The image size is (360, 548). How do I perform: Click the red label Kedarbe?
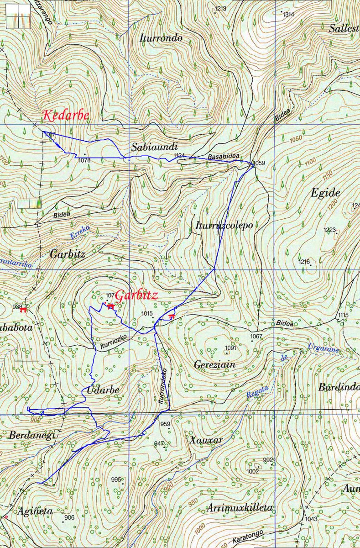[65, 115]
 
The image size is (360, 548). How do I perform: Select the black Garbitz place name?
[68, 254]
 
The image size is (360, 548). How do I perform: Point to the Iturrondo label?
[161, 38]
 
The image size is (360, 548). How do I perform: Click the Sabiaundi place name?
[151, 147]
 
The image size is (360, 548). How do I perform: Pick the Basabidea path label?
[224, 157]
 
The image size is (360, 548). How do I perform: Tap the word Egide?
[325, 193]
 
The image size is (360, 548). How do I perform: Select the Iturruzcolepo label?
[224, 225]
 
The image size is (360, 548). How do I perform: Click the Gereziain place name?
[214, 365]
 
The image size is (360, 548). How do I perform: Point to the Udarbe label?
[103, 390]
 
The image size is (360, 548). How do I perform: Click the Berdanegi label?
[32, 435]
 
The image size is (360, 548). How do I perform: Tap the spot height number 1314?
[288, 15]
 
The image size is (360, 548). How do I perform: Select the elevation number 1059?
[259, 163]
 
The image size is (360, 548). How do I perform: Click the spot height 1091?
[231, 348]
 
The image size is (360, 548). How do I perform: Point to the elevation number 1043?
[311, 519]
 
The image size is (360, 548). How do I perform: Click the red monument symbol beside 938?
[24, 308]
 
